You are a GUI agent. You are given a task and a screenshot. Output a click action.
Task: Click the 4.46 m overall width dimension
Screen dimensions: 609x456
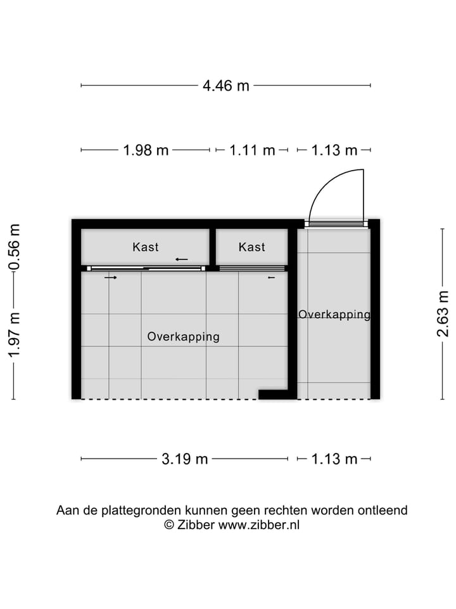tap(226, 86)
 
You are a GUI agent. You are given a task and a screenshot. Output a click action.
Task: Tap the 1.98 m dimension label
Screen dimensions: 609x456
tap(146, 150)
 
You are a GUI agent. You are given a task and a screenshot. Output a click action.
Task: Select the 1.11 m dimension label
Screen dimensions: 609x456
tap(252, 150)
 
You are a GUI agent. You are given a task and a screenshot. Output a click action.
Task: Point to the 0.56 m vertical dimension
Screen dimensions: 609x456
tap(14, 247)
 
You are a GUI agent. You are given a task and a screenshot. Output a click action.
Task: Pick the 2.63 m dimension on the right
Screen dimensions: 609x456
tap(443, 314)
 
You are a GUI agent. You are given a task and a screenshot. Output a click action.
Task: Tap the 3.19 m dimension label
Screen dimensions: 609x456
tap(185, 459)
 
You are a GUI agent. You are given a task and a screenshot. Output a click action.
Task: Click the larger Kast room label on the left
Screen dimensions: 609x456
tap(146, 247)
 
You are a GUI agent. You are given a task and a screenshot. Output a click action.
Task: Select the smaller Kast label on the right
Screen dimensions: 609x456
tap(252, 247)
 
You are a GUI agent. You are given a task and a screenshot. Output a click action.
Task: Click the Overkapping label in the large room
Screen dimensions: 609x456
tap(183, 336)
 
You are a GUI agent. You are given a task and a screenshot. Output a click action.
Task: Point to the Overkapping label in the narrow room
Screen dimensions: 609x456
tap(334, 314)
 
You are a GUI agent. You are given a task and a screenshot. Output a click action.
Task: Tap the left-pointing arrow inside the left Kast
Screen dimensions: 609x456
tap(182, 259)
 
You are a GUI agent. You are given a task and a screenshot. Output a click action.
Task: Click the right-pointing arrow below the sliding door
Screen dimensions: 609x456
tap(111, 277)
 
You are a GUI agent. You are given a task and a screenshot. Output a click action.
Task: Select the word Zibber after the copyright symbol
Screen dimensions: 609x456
tap(196, 525)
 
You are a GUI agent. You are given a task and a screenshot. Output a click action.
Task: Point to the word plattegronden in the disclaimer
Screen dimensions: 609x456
tap(144, 510)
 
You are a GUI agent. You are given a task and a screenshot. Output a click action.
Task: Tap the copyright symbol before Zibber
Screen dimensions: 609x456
tap(169, 525)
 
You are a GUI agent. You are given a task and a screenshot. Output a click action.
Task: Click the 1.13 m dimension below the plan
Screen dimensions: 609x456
tap(334, 459)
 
